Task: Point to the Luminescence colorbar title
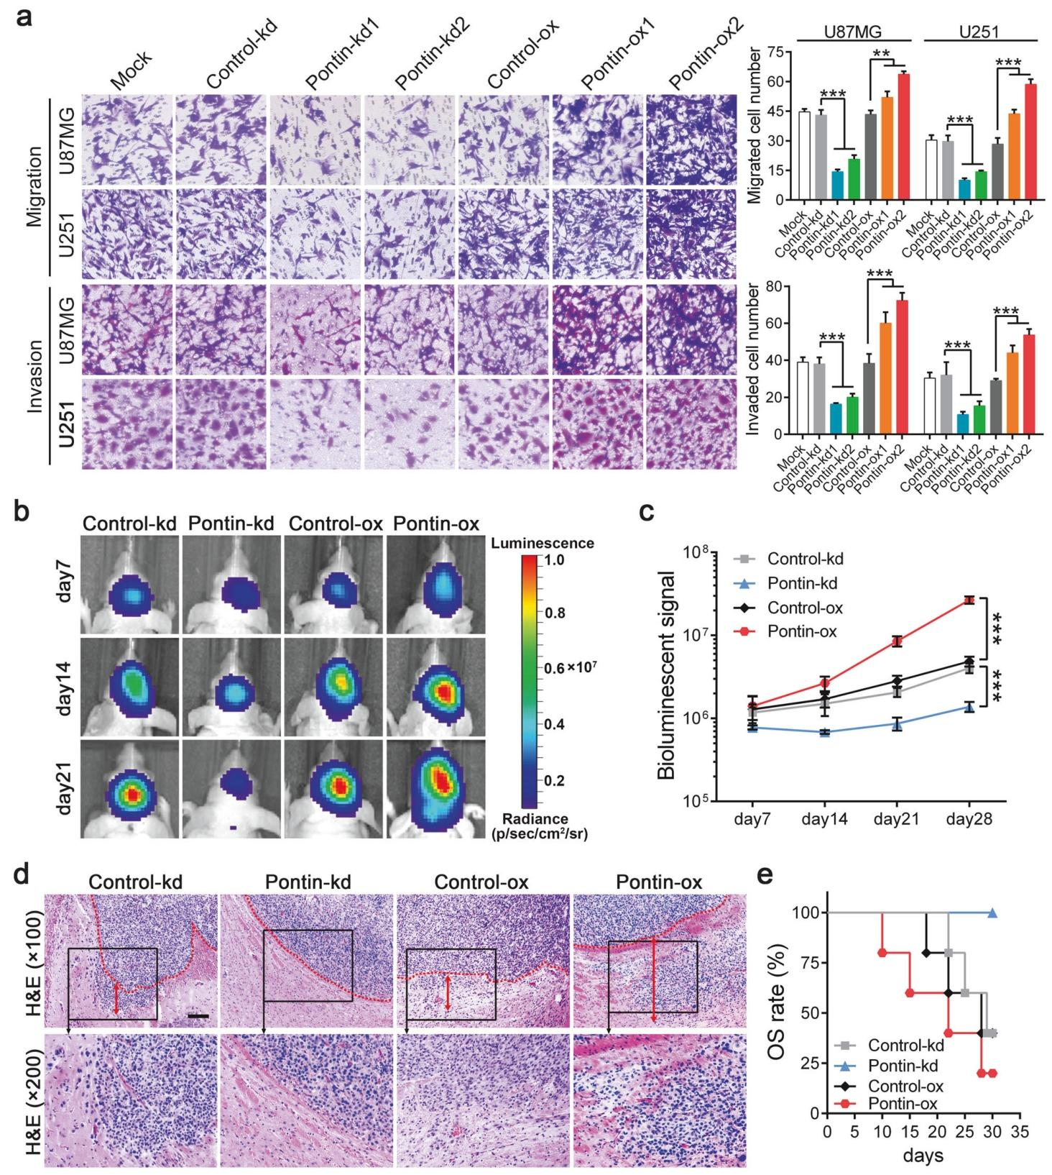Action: [x=543, y=544]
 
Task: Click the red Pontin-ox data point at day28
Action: [x=969, y=600]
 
